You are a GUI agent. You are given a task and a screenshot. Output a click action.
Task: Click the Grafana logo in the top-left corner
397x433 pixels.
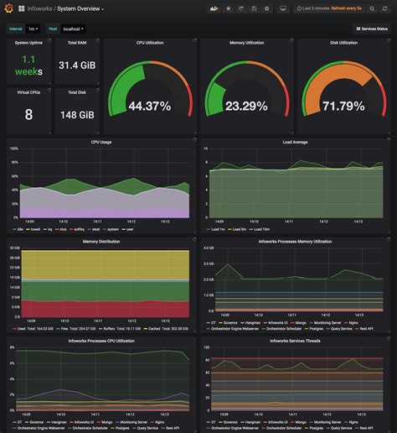point(8,8)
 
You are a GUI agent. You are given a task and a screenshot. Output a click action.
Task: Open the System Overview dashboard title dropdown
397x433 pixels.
point(80,8)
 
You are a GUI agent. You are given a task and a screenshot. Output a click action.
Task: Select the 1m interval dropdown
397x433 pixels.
point(34,29)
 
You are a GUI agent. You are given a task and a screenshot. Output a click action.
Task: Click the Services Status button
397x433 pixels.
point(371,29)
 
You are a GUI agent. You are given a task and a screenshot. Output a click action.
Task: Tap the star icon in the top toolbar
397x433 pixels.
point(229,8)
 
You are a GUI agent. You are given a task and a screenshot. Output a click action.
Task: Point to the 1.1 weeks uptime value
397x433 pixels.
point(27,65)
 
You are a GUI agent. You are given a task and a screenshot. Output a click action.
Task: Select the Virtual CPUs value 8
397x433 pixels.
point(28,115)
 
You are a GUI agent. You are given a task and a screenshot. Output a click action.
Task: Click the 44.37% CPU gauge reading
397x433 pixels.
point(150,106)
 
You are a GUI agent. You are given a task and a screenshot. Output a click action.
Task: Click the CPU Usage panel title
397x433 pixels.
point(101,142)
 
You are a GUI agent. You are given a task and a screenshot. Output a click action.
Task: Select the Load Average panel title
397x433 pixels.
point(295,142)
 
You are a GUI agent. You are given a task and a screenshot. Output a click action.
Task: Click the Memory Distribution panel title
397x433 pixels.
point(101,242)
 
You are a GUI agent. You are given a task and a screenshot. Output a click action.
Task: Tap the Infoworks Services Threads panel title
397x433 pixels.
point(295,342)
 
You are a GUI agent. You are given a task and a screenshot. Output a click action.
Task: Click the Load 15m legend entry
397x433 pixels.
point(263,229)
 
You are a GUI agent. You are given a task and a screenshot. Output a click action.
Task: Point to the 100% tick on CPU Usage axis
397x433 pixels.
point(13,149)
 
